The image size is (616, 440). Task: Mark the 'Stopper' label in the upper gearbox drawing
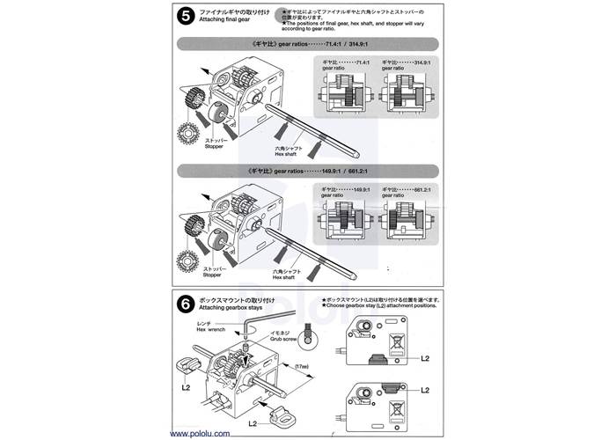[x=215, y=148]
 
